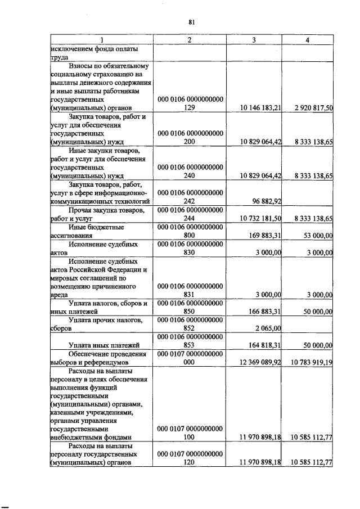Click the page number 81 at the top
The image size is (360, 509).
point(191,22)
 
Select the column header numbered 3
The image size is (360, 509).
point(254,40)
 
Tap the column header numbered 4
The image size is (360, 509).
point(307,40)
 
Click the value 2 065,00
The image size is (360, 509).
point(268,328)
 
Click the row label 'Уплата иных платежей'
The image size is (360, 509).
point(104,345)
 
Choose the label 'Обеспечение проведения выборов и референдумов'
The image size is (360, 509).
point(100,358)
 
